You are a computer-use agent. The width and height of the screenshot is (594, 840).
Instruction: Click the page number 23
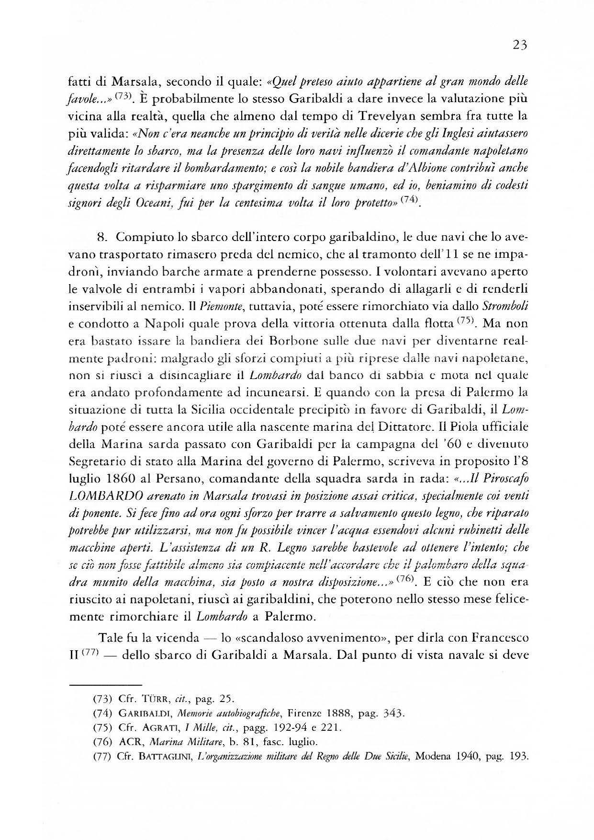519,45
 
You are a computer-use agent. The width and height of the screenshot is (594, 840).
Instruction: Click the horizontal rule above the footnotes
106,684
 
